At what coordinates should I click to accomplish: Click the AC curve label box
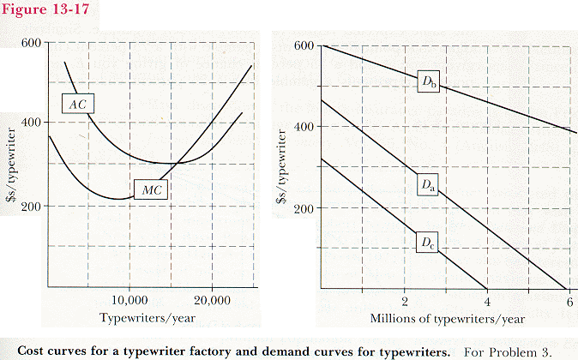[78, 104]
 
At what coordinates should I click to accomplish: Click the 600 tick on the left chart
[32, 43]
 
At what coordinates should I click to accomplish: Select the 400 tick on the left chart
[32, 123]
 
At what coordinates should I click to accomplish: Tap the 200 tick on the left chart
[32, 206]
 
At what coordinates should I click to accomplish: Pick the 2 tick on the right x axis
[404, 300]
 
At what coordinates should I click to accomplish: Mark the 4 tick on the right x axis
[487, 300]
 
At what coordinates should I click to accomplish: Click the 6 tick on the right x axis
[569, 300]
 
